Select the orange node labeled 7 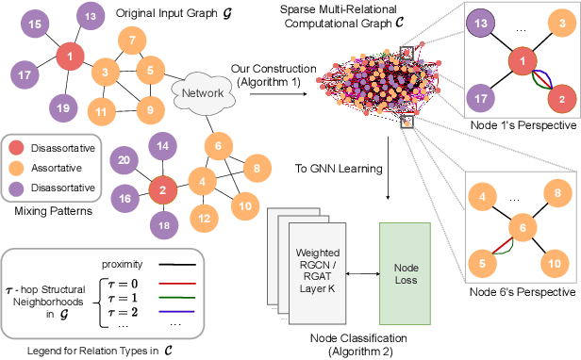[132, 41]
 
